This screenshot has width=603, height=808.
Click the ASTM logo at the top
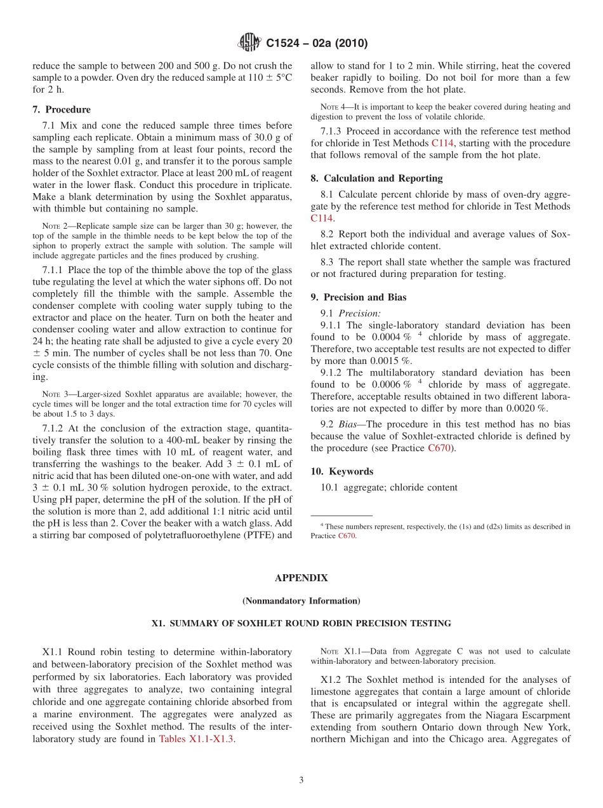point(249,43)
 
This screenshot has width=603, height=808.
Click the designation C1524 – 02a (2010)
point(317,44)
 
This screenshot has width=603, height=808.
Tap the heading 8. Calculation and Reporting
point(376,178)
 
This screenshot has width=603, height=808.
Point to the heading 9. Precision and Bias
point(358,297)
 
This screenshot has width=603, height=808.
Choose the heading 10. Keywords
point(341,471)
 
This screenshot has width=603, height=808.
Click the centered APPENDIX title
point(301,578)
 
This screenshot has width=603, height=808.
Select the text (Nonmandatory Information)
point(301,601)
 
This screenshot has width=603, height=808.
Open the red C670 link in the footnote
point(347,535)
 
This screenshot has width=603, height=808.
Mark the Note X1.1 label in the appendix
point(338,652)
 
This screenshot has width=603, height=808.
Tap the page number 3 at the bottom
point(301,780)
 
